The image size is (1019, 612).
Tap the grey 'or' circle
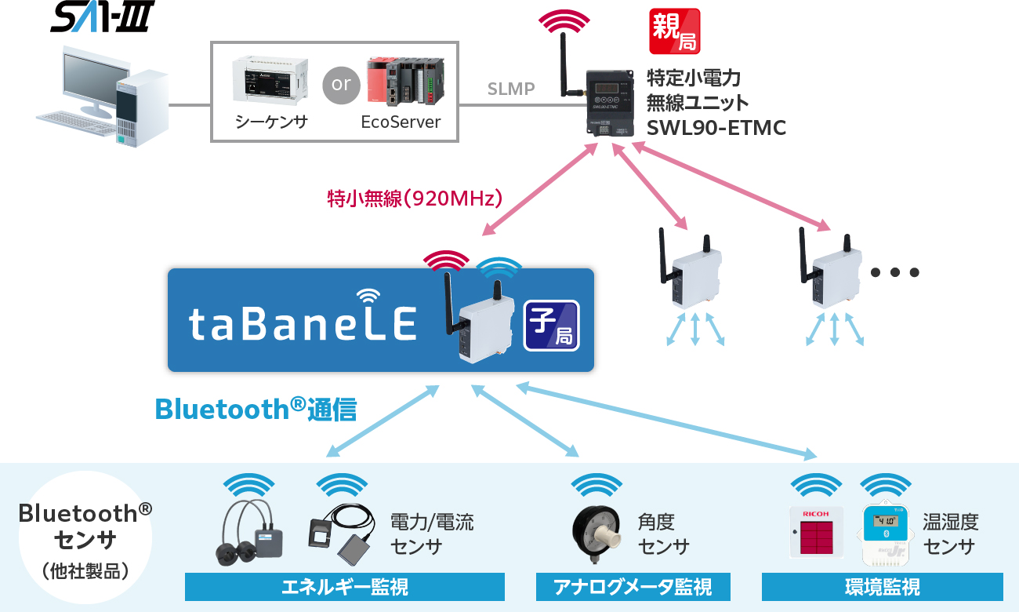pyautogui.click(x=341, y=84)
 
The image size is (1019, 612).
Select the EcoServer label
pyautogui.click(x=401, y=122)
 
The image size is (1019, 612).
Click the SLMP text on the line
pyautogui.click(x=511, y=89)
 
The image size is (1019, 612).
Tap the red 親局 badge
pyautogui.click(x=675, y=31)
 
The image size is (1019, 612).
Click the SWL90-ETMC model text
pyautogui.click(x=716, y=127)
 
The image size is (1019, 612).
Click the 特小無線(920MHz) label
pyautogui.click(x=415, y=197)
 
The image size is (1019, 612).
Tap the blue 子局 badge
pyautogui.click(x=551, y=325)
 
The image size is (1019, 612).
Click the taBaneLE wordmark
pyautogui.click(x=303, y=322)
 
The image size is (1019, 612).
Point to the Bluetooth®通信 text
pyautogui.click(x=256, y=409)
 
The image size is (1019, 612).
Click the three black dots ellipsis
pyautogui.click(x=894, y=273)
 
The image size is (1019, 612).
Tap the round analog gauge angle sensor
pyautogui.click(x=597, y=533)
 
